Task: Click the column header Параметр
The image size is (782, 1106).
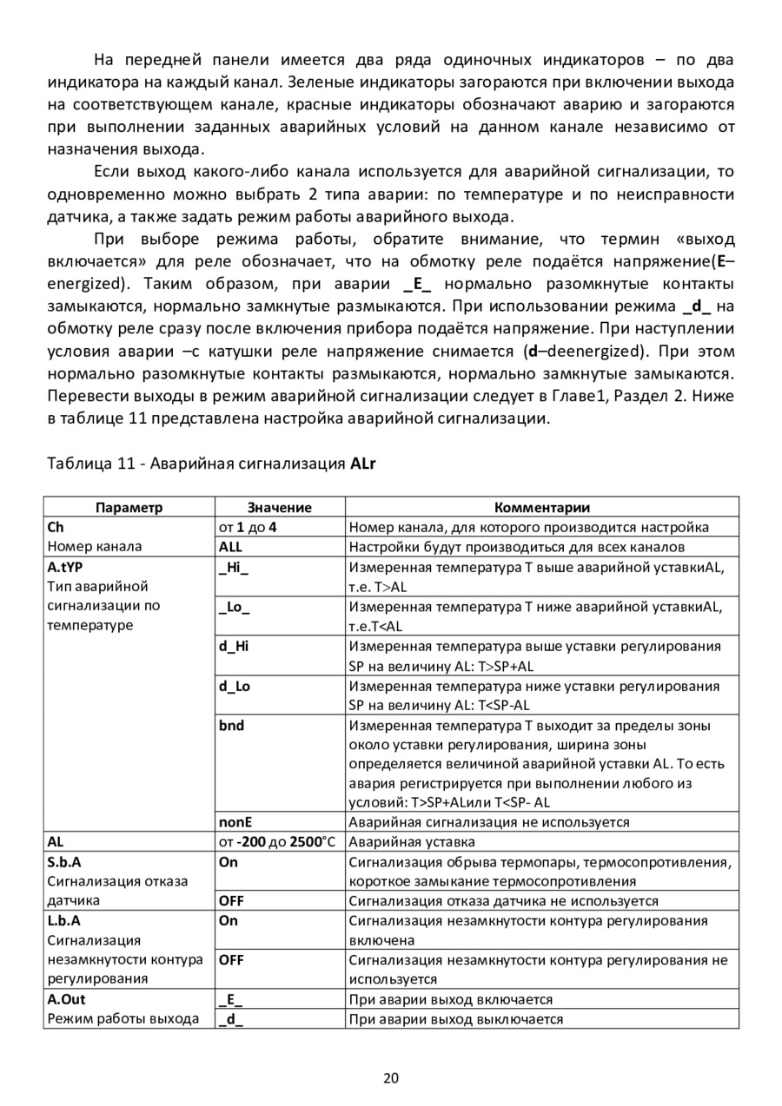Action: pyautogui.click(x=129, y=508)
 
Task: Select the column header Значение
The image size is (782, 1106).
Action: pyautogui.click(x=279, y=508)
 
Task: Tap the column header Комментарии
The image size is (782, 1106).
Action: pyautogui.click(x=541, y=508)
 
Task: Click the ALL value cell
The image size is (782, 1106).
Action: pyautogui.click(x=231, y=547)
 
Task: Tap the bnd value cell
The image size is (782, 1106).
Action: pyautogui.click(x=232, y=725)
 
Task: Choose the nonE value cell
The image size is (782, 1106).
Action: pyautogui.click(x=236, y=822)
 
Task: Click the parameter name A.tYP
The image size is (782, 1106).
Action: pyautogui.click(x=64, y=567)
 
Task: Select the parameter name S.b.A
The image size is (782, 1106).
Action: pyautogui.click(x=64, y=862)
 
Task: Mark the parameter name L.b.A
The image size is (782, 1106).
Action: pyautogui.click(x=64, y=920)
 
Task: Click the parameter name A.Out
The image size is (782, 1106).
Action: pyautogui.click(x=67, y=999)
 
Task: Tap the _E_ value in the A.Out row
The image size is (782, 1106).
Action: pyautogui.click(x=230, y=999)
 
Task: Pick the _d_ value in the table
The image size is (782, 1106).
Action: pyautogui.click(x=230, y=1019)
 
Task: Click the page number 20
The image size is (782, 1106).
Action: pyautogui.click(x=391, y=1079)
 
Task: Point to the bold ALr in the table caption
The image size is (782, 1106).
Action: pyautogui.click(x=362, y=464)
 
